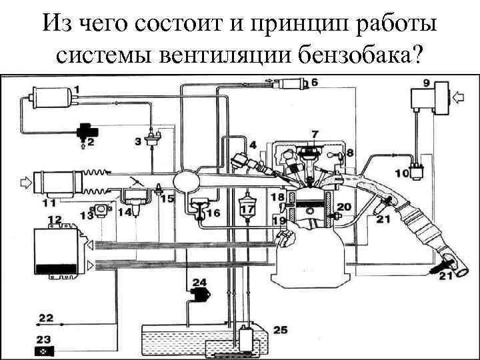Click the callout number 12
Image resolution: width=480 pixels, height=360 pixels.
pos(55,219)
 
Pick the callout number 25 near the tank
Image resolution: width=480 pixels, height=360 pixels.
pos(281,330)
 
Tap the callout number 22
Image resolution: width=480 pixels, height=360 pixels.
pos(47,317)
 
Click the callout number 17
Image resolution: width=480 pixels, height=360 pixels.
pos(247,210)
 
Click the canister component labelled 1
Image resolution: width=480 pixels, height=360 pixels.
pos(45,101)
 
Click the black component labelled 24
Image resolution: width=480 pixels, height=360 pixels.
pos(199,294)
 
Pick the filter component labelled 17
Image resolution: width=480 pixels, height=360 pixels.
pos(247,200)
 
